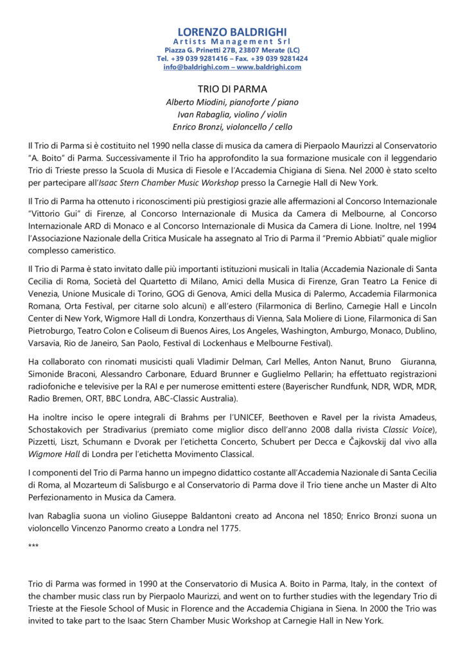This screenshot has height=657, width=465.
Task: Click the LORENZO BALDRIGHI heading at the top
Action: point(232,31)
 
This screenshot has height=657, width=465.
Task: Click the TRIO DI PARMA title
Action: point(232,89)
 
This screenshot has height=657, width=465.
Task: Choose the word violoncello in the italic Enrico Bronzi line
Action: point(246,127)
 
